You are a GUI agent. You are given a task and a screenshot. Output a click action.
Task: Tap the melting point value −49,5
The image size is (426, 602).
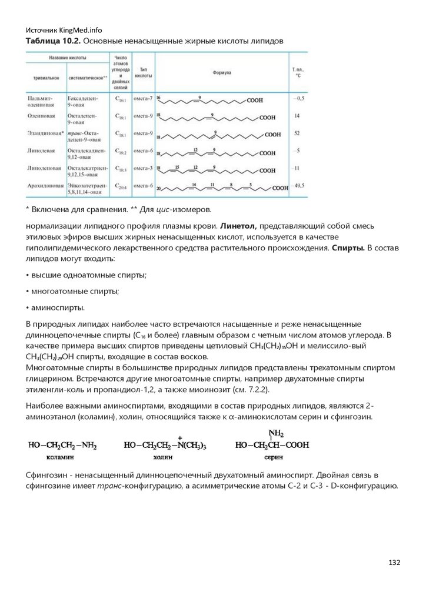298,186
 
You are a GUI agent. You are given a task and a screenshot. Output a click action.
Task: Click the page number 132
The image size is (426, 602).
394,563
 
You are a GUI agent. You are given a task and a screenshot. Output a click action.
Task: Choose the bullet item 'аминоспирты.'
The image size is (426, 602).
56,307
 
